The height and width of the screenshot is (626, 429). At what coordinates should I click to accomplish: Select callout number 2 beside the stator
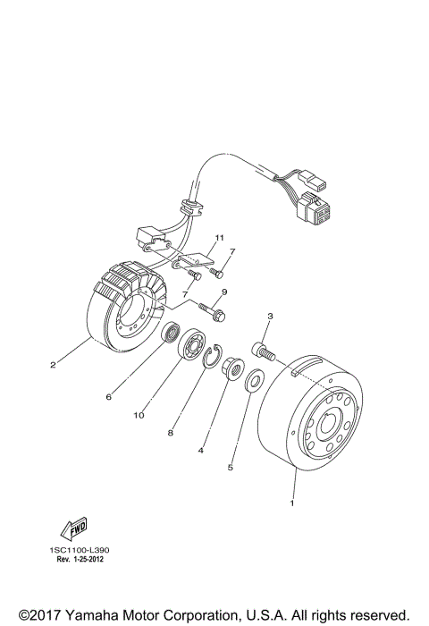pyautogui.click(x=53, y=364)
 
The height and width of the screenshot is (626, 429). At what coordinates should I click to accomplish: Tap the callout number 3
pyautogui.click(x=270, y=317)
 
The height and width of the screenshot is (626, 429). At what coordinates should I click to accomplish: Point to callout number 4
pyautogui.click(x=200, y=451)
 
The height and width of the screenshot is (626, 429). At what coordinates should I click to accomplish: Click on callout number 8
pyautogui.click(x=170, y=432)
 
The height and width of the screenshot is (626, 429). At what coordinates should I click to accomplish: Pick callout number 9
pyautogui.click(x=224, y=292)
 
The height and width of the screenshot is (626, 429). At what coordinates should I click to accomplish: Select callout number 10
pyautogui.click(x=139, y=415)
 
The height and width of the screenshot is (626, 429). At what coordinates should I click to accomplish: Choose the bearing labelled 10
pyautogui.click(x=190, y=346)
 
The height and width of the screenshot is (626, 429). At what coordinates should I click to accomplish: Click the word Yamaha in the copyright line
pyautogui.click(x=98, y=615)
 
